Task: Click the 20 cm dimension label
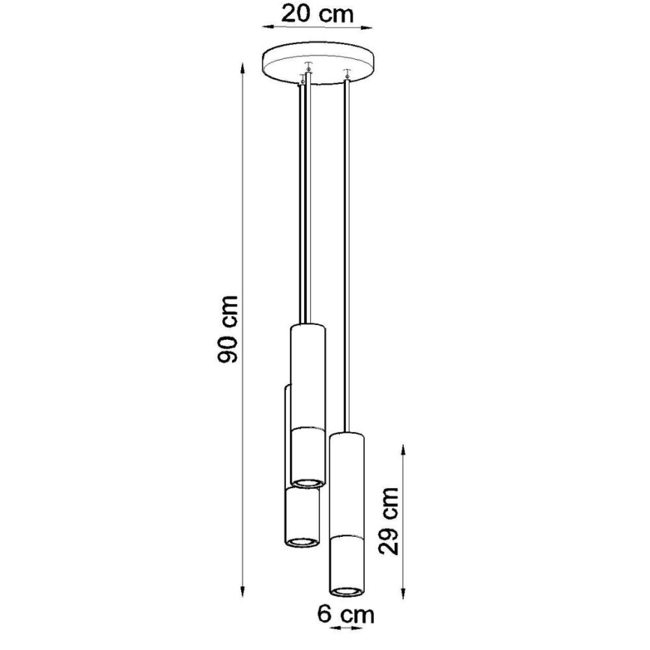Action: (317, 13)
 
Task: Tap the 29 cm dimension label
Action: (389, 521)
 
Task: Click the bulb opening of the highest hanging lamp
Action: (307, 480)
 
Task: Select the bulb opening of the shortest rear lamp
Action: (302, 540)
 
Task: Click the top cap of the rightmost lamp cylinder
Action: (346, 435)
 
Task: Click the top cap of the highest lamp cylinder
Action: (307, 326)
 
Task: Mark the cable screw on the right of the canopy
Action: (345, 73)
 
